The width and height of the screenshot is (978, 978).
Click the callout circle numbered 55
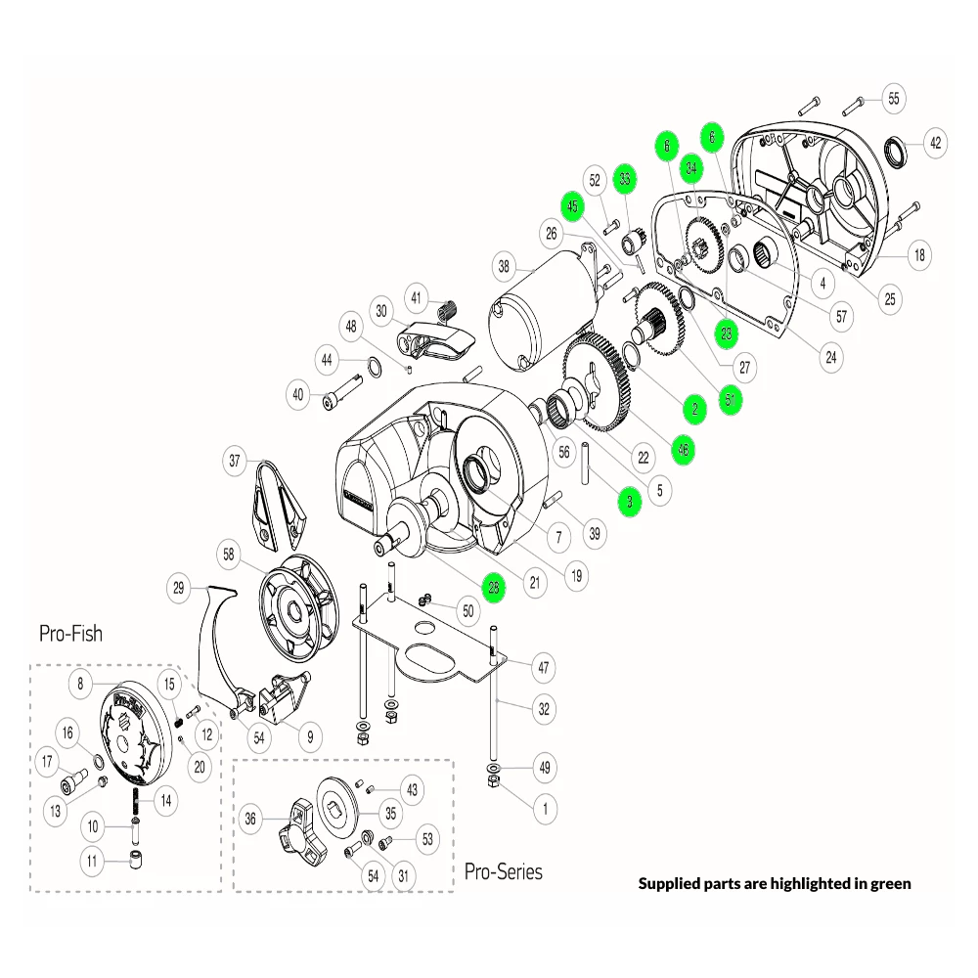[893, 98]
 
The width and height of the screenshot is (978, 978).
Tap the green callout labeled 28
[495, 588]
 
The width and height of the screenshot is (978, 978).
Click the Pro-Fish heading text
[70, 633]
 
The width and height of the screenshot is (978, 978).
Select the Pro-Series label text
[503, 870]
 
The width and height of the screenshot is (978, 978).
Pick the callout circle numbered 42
[935, 143]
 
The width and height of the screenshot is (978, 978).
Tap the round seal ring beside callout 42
[895, 153]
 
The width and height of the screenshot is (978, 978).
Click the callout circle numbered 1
[543, 809]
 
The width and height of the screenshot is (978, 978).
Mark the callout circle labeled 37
[234, 461]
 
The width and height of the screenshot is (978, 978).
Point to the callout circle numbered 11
[94, 863]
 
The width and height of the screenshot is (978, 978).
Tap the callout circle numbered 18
[918, 255]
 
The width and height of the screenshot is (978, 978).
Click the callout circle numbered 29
[178, 588]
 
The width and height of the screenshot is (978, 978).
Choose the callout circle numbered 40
[298, 395]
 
